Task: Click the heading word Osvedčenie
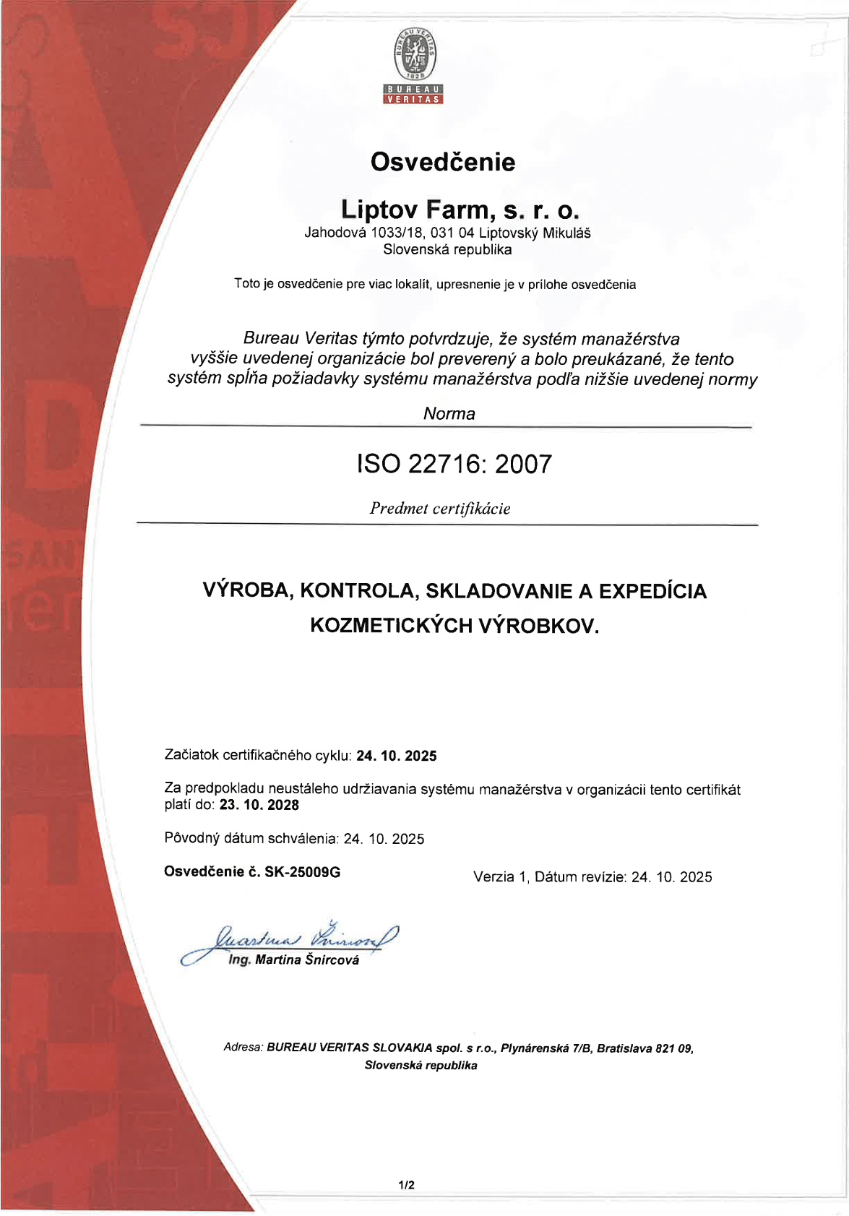point(443,162)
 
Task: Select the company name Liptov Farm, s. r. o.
point(460,210)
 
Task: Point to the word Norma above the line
point(449,414)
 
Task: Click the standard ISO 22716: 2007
point(454,464)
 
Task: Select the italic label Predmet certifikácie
point(440,509)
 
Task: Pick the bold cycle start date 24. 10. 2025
point(397,756)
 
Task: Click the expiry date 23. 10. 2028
point(259,805)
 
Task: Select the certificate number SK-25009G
point(302,872)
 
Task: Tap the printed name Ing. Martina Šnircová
point(293,960)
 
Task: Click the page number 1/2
point(406,1185)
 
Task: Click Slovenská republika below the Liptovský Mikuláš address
point(447,250)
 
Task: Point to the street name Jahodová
point(335,233)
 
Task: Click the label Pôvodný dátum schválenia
point(251,839)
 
